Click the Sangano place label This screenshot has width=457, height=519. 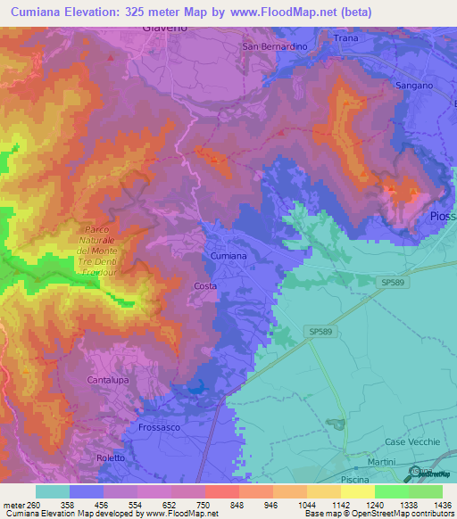pos(414,85)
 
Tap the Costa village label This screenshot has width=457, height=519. pos(205,285)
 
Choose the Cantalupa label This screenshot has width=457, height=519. pos(110,380)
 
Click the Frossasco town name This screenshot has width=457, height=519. pos(161,427)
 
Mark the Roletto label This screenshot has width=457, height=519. pos(111,457)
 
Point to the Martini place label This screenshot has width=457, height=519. pos(381,461)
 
